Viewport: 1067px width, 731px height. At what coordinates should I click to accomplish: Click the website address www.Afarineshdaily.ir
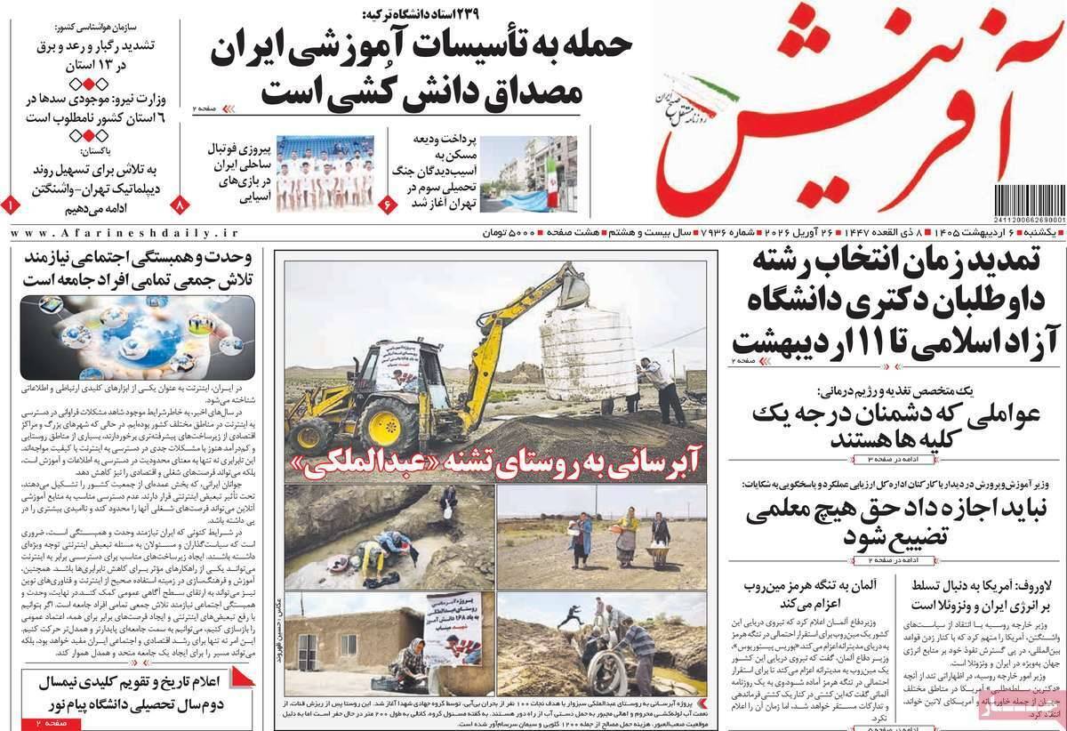(124, 232)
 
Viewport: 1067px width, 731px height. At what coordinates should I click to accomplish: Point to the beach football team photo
(324, 173)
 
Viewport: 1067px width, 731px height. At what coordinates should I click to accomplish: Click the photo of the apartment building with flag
(537, 173)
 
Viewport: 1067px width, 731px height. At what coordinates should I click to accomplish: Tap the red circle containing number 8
(181, 204)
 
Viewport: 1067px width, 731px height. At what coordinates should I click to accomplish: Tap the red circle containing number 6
(389, 204)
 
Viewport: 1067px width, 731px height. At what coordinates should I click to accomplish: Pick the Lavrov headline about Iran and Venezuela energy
(978, 597)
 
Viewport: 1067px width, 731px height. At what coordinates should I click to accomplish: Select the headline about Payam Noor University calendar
(133, 694)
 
